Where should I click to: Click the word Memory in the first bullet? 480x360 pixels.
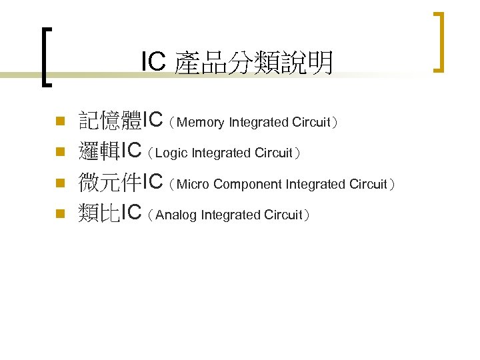pyautogui.click(x=201, y=123)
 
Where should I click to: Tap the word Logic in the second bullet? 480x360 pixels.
pyautogui.click(x=172, y=153)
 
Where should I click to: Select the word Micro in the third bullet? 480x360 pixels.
pyautogui.click(x=193, y=184)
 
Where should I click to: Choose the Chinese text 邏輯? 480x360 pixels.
pyautogui.click(x=99, y=151)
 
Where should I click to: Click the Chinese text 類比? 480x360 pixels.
pyautogui.click(x=99, y=213)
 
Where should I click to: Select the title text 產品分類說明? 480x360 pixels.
pyautogui.click(x=253, y=63)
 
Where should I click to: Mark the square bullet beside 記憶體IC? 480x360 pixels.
pyautogui.click(x=59, y=121)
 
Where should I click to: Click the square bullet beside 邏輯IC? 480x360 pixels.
pyautogui.click(x=59, y=152)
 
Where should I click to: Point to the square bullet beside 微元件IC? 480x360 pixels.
pyautogui.click(x=59, y=183)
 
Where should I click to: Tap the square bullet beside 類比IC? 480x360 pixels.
pyautogui.click(x=59, y=213)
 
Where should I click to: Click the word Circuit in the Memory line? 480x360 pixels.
pyautogui.click(x=311, y=123)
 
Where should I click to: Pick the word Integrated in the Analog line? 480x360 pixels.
pyautogui.click(x=231, y=215)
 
